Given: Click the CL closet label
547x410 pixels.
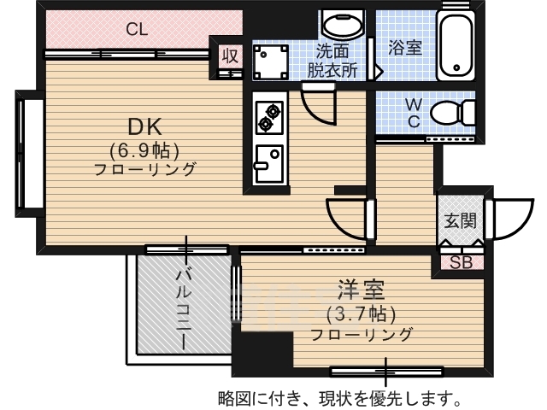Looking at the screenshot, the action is click(137, 30).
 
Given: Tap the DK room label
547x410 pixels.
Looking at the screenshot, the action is click(144, 127).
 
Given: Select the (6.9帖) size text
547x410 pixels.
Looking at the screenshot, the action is click(144, 150).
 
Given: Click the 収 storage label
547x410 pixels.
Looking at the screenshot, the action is click(230, 56).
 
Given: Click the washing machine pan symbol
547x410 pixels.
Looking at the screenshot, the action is click(271, 62).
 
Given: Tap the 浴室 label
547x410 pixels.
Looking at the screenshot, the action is click(405, 48).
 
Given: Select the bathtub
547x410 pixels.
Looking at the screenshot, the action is click(456, 45).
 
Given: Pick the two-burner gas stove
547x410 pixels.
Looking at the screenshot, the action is click(269, 117).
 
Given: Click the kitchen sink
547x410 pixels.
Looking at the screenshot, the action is click(269, 164).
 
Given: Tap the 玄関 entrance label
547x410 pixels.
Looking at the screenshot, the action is click(461, 220).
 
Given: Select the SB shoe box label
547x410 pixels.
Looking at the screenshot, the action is click(461, 262).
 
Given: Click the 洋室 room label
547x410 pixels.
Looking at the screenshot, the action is click(361, 290).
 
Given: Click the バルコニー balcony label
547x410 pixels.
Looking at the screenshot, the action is click(184, 309).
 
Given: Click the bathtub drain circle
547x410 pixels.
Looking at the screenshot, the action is click(456, 67).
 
